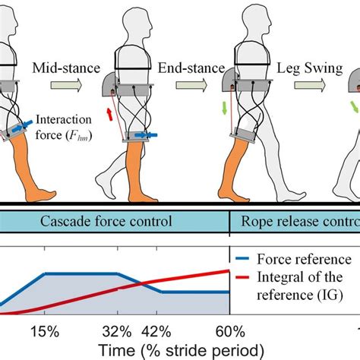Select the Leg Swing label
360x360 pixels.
pos(302,68)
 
